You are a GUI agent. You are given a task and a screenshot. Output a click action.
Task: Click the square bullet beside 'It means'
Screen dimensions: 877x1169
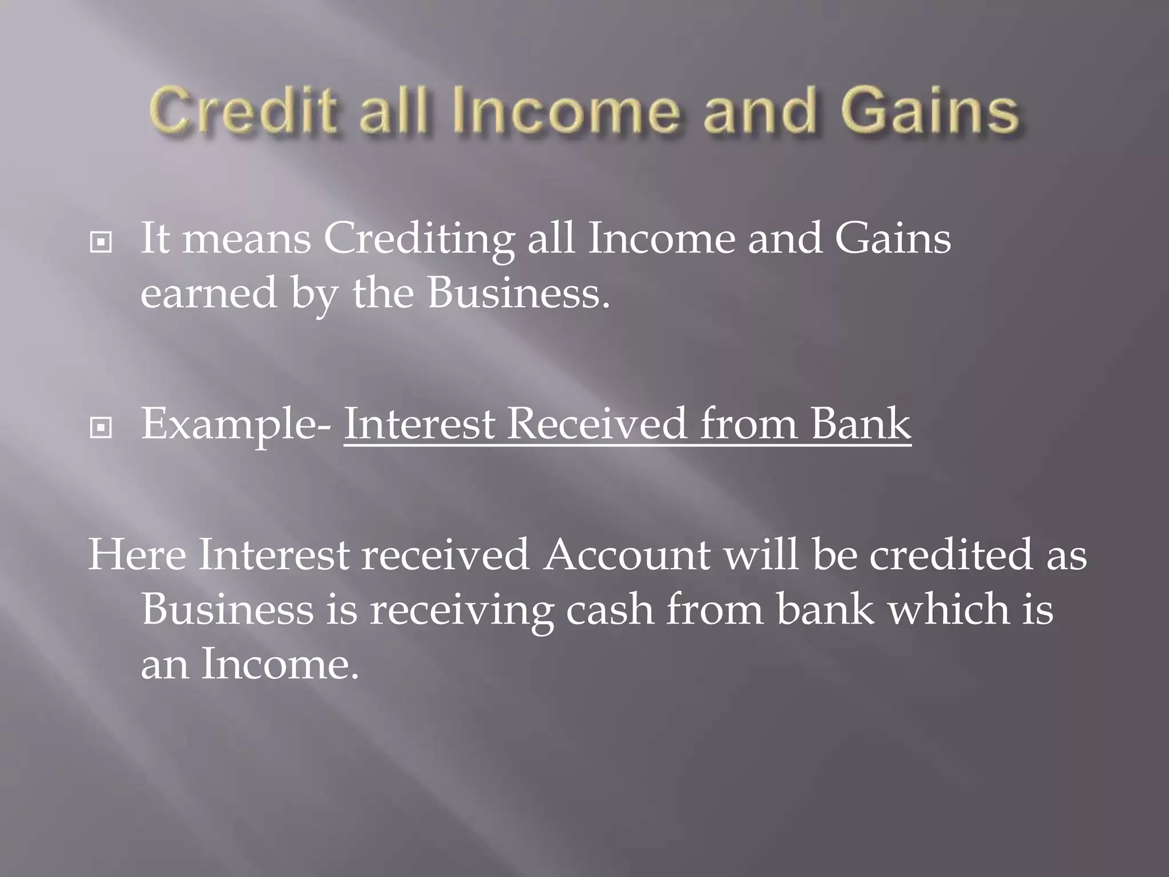click(101, 243)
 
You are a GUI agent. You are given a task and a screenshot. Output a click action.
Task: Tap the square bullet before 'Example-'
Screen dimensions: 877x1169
click(101, 428)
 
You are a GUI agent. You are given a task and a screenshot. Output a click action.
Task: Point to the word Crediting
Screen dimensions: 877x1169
click(420, 239)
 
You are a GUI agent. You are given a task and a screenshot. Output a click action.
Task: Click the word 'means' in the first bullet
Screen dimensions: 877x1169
click(247, 239)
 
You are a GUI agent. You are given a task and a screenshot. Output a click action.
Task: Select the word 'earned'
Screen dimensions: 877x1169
click(208, 293)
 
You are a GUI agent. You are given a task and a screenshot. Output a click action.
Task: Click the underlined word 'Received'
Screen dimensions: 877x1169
click(596, 424)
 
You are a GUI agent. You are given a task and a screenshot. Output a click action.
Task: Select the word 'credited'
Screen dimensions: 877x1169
click(951, 554)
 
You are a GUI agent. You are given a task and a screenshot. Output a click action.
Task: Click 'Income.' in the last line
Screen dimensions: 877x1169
click(280, 664)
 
